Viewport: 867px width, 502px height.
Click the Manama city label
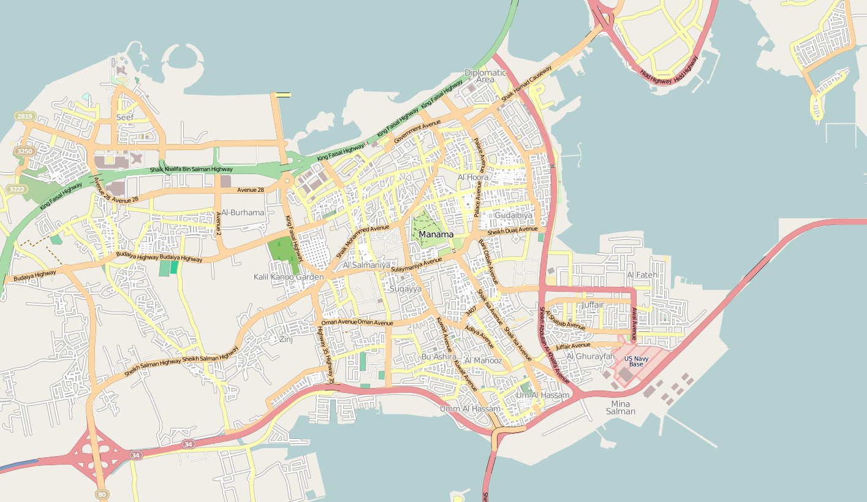coord(436,234)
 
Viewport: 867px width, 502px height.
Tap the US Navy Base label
coord(636,361)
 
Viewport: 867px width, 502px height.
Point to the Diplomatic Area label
coord(485,76)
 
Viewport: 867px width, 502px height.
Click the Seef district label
coord(125,117)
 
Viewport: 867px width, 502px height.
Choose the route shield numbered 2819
coord(25,116)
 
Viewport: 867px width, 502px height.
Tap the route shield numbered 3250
coord(25,151)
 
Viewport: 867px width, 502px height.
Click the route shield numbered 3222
coord(17,189)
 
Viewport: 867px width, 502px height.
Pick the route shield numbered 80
coord(102,494)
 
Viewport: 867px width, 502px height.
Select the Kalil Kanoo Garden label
coord(289,277)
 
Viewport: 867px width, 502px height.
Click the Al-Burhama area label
coord(243,213)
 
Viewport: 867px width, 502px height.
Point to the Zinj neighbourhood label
coord(286,339)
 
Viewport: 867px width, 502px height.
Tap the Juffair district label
coord(593,305)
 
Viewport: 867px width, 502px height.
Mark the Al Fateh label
coord(642,275)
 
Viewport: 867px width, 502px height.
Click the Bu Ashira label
coord(439,357)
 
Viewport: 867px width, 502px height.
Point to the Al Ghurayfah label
coord(591,356)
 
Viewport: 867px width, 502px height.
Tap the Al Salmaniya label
coord(366,265)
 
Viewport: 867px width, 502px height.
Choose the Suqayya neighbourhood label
coord(406,288)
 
